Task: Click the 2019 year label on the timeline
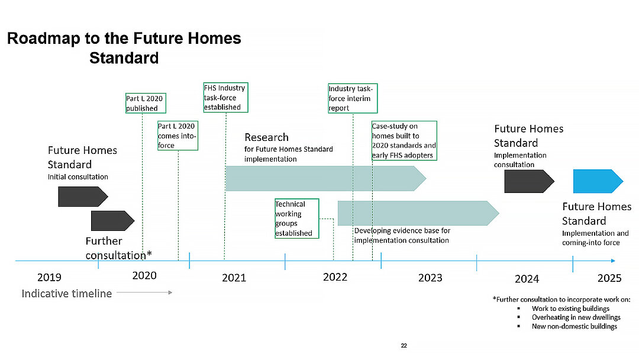click(x=49, y=278)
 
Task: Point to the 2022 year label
click(x=335, y=277)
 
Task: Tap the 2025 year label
click(x=609, y=278)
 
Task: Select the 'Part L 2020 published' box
click(x=146, y=103)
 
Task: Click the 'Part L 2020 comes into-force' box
click(x=177, y=136)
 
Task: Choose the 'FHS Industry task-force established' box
click(x=226, y=98)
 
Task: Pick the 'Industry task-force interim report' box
click(x=353, y=98)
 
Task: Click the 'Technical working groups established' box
click(x=296, y=218)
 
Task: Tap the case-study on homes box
click(x=404, y=141)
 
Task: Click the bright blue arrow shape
click(x=598, y=181)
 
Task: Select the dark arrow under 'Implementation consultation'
click(x=529, y=181)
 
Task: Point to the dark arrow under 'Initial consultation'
click(x=83, y=197)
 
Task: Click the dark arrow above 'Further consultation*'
click(x=112, y=221)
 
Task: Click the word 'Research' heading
click(x=266, y=137)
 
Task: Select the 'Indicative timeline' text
click(x=67, y=294)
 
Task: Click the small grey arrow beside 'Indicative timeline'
click(x=144, y=292)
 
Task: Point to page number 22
click(x=404, y=346)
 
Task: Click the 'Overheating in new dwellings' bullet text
click(x=576, y=317)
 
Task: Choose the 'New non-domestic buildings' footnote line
click(x=574, y=326)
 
